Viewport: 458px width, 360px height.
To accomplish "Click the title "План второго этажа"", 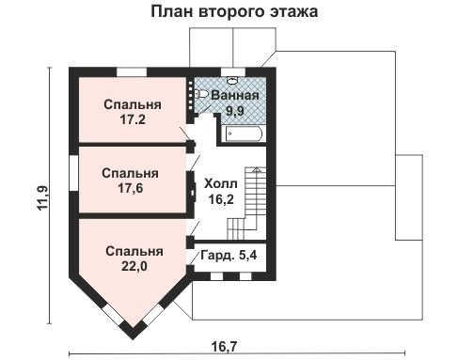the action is pyautogui.click(x=234, y=12).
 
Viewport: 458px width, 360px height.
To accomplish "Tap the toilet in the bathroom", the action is pyautogui.click(x=201, y=94).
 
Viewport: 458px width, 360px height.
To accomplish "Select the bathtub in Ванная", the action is pyautogui.click(x=243, y=134).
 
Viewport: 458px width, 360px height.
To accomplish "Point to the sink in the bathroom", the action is pyautogui.click(x=232, y=81).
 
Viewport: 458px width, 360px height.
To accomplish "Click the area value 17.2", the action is pyautogui.click(x=133, y=119).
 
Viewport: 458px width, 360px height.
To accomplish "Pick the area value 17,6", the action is pyautogui.click(x=131, y=188).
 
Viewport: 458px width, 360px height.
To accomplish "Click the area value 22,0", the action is pyautogui.click(x=134, y=266).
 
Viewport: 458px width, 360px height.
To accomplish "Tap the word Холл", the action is pyautogui.click(x=221, y=183).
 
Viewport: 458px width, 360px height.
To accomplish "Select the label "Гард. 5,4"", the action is pyautogui.click(x=229, y=255).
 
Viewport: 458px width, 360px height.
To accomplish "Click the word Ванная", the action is pyautogui.click(x=235, y=95).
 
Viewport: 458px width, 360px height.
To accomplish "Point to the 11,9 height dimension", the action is pyautogui.click(x=43, y=198).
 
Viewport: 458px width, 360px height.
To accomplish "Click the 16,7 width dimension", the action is pyautogui.click(x=224, y=347).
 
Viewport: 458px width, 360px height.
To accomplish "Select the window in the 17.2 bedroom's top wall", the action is pyautogui.click(x=132, y=72).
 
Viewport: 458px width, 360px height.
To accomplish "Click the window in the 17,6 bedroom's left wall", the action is pyautogui.click(x=73, y=173).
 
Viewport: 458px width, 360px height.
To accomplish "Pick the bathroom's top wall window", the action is pyautogui.click(x=233, y=72).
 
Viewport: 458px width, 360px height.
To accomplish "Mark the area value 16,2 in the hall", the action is pyautogui.click(x=221, y=199).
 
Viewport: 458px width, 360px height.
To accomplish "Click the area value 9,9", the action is pyautogui.click(x=235, y=111).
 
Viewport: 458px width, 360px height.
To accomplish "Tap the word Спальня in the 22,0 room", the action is pyautogui.click(x=134, y=251).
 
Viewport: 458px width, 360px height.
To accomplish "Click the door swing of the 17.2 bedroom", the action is pyautogui.click(x=185, y=134).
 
